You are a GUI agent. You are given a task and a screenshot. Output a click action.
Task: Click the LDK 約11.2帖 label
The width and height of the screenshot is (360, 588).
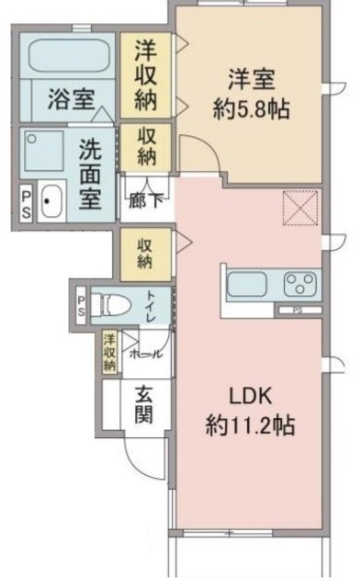click(249, 412)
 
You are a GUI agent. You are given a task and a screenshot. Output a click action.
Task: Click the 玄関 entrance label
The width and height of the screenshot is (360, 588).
click(145, 403)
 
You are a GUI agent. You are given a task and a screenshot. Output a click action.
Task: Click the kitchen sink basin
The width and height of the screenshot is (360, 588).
click(247, 283)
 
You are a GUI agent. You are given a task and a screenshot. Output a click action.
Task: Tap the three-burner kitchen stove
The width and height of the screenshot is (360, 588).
click(300, 282)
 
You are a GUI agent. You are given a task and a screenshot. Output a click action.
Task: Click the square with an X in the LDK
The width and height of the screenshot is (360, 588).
click(298, 209)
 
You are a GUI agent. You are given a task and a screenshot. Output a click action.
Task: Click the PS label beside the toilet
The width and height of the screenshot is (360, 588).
click(82, 305)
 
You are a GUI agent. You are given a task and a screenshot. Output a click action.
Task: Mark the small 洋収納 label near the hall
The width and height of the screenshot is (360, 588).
click(109, 352)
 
